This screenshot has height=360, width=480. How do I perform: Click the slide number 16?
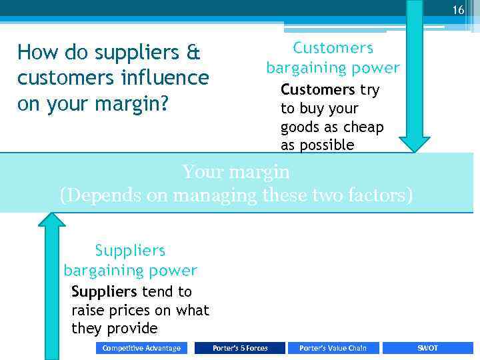click(458, 10)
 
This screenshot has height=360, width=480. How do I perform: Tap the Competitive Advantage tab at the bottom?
click(141, 348)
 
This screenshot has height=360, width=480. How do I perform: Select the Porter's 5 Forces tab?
click(240, 348)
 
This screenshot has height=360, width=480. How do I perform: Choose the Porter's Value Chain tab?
click(333, 348)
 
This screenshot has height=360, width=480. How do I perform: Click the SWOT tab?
click(427, 348)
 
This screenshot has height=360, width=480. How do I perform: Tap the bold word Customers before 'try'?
click(318, 90)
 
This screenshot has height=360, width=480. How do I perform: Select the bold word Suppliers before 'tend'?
click(104, 292)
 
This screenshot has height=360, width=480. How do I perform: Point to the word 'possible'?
click(326, 146)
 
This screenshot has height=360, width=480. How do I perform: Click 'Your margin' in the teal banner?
click(236, 173)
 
